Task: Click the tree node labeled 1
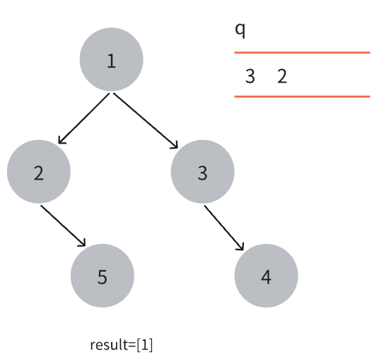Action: click(x=112, y=59)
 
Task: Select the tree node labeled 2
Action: click(x=39, y=172)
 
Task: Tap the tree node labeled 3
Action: click(x=202, y=172)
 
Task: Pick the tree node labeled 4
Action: click(x=266, y=276)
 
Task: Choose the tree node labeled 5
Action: click(x=103, y=276)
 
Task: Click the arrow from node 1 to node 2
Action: click(x=83, y=118)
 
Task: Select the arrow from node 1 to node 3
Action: click(x=146, y=120)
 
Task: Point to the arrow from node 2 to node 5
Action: click(x=63, y=226)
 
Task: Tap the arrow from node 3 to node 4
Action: click(x=224, y=228)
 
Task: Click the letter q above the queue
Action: click(x=240, y=30)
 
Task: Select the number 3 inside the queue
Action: click(x=250, y=76)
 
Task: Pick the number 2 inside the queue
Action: click(x=282, y=76)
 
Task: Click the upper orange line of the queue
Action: click(x=302, y=52)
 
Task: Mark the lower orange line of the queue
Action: click(x=302, y=96)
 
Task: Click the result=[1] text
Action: click(x=122, y=345)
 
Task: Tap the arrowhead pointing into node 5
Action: click(x=83, y=243)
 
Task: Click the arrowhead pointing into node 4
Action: click(x=241, y=247)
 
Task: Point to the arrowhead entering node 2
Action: click(x=62, y=141)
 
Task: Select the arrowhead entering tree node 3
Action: click(x=175, y=146)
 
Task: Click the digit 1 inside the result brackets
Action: click(x=144, y=344)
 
